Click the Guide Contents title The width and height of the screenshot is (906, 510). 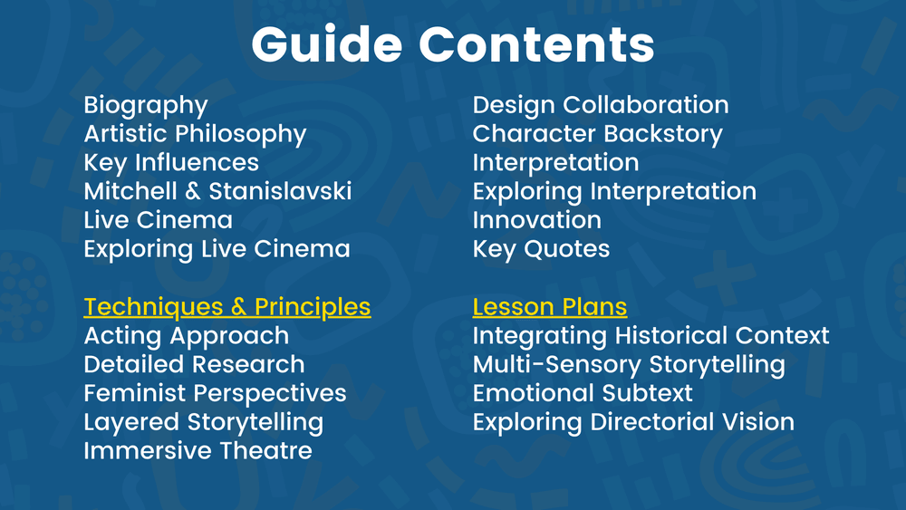[452, 43]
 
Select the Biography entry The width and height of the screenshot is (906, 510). [146, 106]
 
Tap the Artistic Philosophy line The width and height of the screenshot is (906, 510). [195, 134]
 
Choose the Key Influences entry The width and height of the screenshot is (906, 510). [171, 163]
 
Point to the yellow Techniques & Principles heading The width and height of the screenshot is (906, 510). [227, 306]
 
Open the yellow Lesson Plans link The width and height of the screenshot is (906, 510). [550, 306]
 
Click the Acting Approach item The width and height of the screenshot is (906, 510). [187, 336]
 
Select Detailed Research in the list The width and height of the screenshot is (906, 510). [194, 364]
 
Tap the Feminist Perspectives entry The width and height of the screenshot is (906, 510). [215, 393]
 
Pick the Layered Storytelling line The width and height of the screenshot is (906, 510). [204, 422]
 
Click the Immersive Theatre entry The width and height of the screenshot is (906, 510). [198, 450]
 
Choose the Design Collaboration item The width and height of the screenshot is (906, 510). [601, 105]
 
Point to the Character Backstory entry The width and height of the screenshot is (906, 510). [598, 134]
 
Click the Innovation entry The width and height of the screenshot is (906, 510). [537, 220]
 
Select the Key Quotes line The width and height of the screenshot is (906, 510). [542, 249]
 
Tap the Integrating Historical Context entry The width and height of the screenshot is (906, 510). [651, 336]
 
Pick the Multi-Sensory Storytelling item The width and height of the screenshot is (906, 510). [629, 364]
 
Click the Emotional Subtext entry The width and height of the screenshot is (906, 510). [583, 393]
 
